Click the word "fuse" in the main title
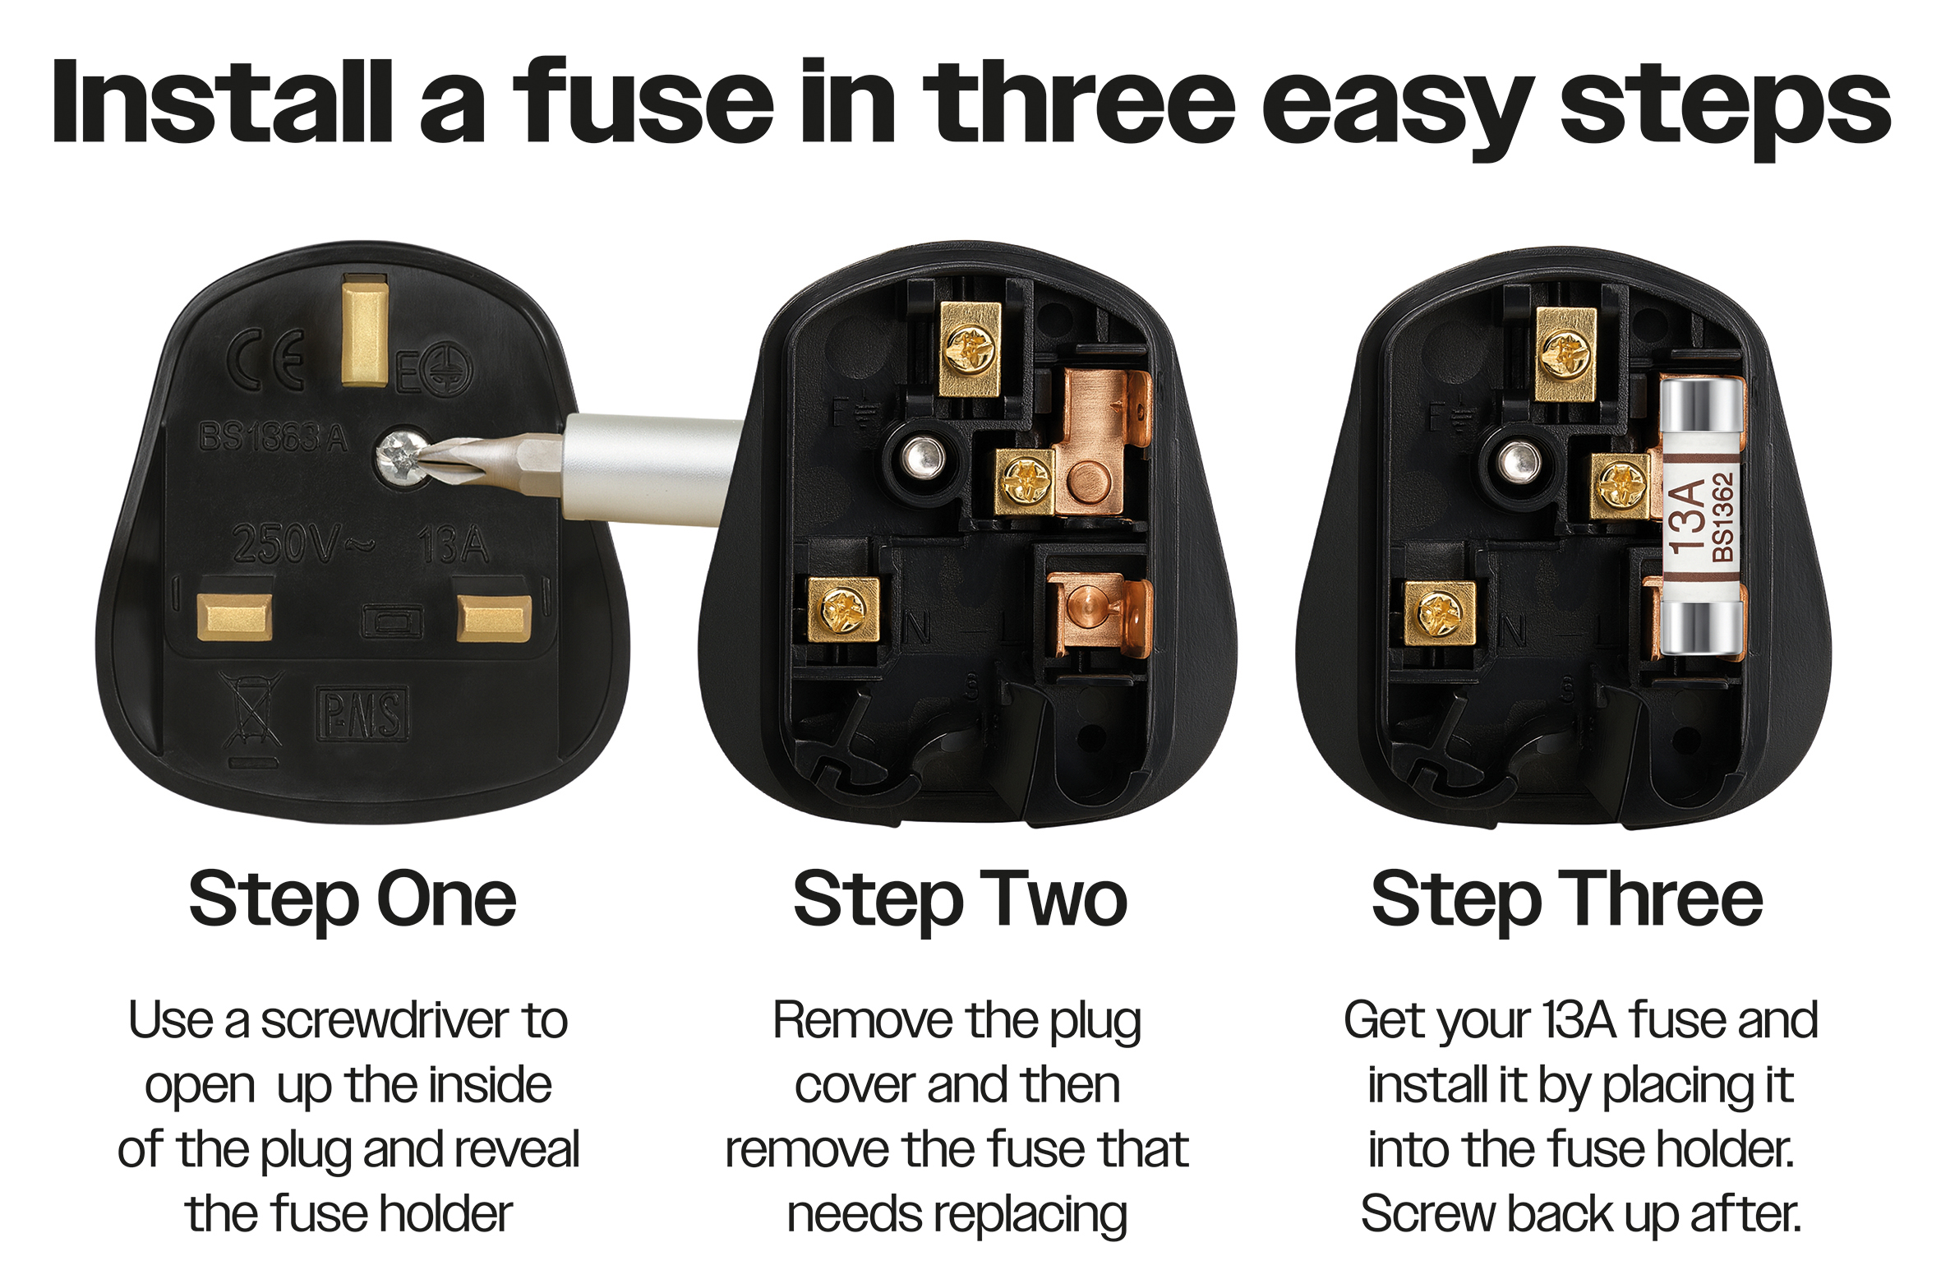point(643,103)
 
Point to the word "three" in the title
point(1079,103)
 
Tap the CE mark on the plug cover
point(266,358)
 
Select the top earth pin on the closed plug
point(364,332)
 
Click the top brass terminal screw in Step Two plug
point(970,349)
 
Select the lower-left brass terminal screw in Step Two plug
point(842,609)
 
